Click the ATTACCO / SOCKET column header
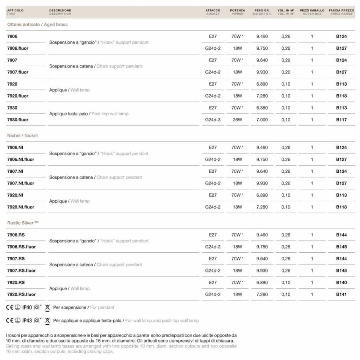[x=213, y=12]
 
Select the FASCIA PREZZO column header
[x=341, y=12]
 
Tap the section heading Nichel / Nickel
[x=22, y=136]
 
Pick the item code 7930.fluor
[x=18, y=120]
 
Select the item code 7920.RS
[x=16, y=283]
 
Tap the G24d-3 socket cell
[x=213, y=120]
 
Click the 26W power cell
[x=238, y=120]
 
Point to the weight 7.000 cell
[x=262, y=120]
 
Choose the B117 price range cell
[x=341, y=120]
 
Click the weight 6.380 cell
[x=262, y=108]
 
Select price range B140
[x=341, y=283]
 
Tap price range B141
[x=341, y=294]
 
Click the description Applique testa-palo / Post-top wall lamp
[x=89, y=114]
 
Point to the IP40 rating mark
[x=27, y=307]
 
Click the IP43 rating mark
[x=27, y=321]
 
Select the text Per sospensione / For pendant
[x=83, y=307]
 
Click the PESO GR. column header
[x=262, y=12]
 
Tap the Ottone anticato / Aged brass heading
[x=37, y=25]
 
